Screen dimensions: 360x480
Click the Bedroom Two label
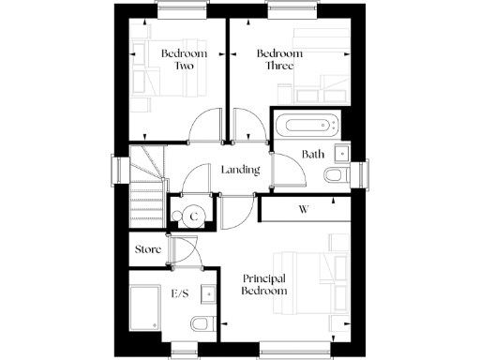[177, 60]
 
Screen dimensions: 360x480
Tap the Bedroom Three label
[280, 60]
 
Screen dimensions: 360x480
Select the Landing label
[240, 171]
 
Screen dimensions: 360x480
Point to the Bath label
[313, 154]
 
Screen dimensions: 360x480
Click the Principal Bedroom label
[265, 285]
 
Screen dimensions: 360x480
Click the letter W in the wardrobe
[304, 208]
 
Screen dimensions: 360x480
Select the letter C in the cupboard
[194, 217]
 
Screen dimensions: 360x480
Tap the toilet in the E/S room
[199, 325]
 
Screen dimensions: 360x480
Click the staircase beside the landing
[146, 182]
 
